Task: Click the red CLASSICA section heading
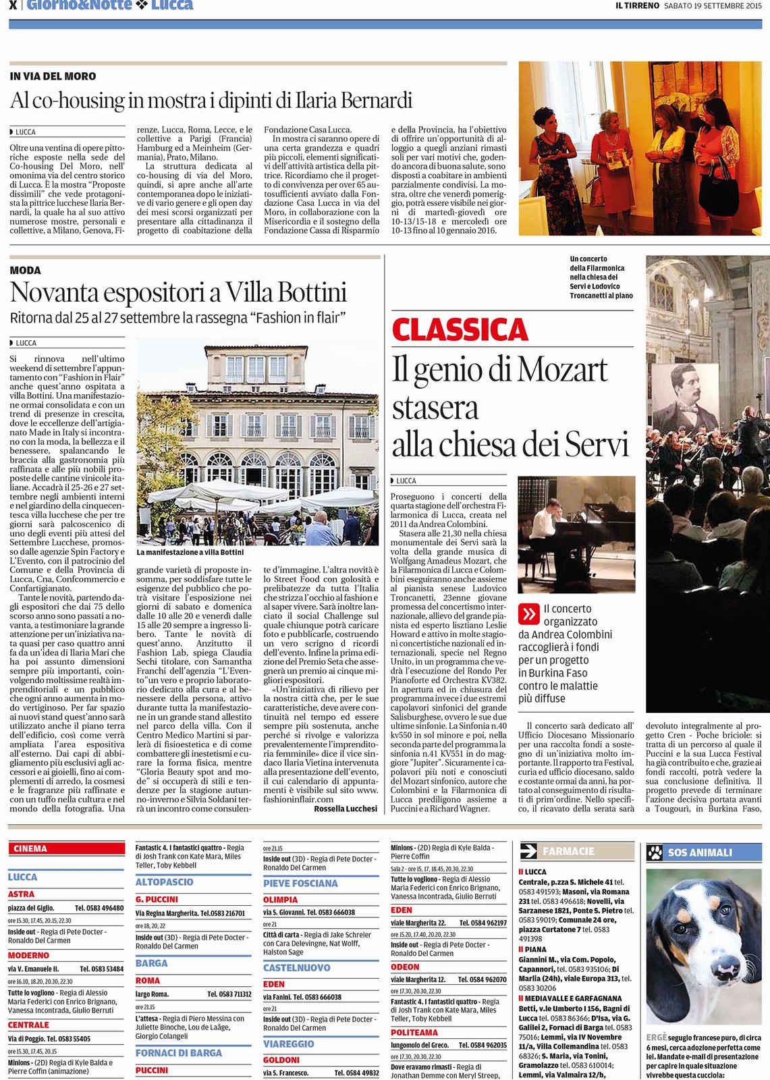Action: (x=460, y=330)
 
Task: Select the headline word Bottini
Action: (x=312, y=292)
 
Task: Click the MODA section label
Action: (x=26, y=270)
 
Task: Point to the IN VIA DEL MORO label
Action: (x=53, y=76)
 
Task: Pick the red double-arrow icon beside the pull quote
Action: (x=528, y=614)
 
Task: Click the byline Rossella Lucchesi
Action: (x=346, y=808)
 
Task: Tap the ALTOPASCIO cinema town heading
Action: (x=164, y=882)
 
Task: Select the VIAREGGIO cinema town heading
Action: (x=288, y=1044)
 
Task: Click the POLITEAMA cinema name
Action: (x=414, y=1032)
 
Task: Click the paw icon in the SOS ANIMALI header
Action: (x=655, y=852)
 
